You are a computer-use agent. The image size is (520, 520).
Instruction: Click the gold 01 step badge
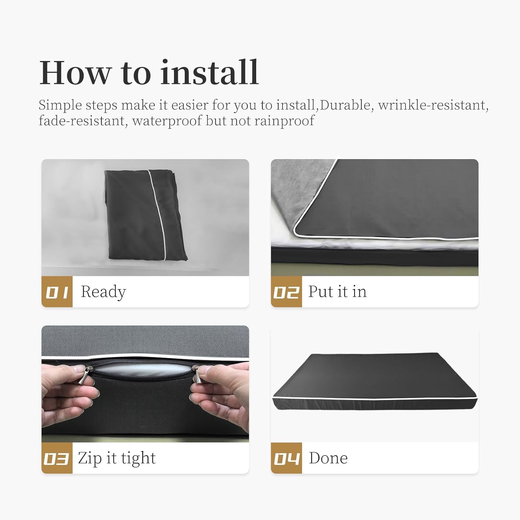tap(57, 292)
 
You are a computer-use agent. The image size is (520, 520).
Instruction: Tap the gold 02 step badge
tap(286, 292)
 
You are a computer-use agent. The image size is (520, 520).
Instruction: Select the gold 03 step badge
tap(57, 458)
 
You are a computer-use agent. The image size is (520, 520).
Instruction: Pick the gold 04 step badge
tap(286, 458)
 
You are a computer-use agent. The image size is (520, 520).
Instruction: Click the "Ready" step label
tap(103, 292)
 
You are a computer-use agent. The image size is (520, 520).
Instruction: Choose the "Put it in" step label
tap(337, 292)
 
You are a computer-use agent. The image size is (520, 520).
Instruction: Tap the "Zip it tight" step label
tap(117, 458)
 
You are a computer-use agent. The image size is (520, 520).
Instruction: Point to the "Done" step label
tap(328, 458)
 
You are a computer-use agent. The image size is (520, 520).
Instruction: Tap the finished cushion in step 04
tap(375, 382)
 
